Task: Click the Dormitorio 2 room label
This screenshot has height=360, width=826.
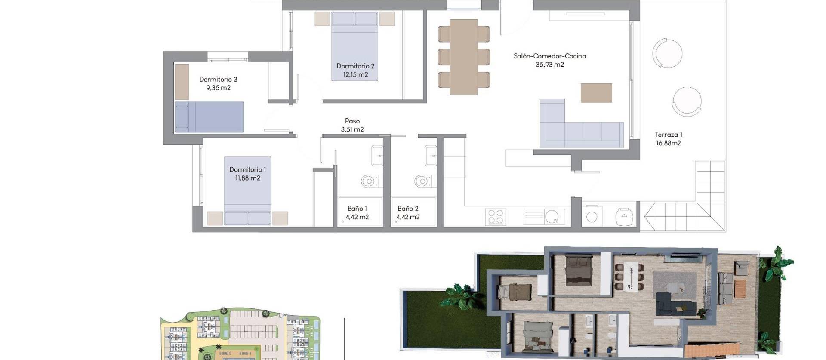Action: (355, 66)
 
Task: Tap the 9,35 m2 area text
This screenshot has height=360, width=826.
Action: (218, 88)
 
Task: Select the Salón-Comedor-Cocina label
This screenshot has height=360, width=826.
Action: (549, 56)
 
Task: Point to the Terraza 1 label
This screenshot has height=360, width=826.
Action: (668, 135)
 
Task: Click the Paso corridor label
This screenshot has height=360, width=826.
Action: (352, 121)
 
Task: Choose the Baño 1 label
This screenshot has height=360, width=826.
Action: (357, 209)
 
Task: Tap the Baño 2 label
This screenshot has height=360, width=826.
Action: (407, 209)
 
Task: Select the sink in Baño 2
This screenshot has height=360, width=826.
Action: (430, 156)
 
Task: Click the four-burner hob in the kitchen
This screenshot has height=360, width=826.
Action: (495, 217)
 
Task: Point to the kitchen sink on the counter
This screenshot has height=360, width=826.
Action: (551, 216)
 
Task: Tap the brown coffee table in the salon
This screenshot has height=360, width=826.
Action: (596, 93)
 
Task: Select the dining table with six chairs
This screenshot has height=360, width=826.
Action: (464, 57)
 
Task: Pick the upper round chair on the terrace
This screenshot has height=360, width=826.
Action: (667, 53)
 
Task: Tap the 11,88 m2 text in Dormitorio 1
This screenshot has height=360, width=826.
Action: (247, 178)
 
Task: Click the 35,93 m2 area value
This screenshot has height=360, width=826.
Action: (549, 65)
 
